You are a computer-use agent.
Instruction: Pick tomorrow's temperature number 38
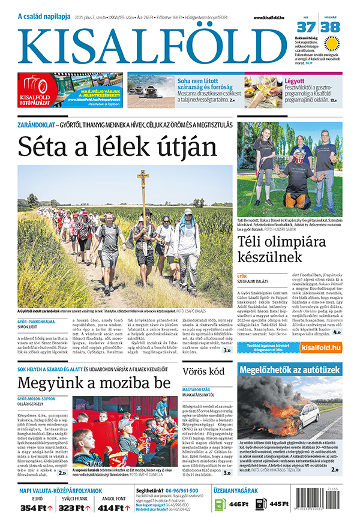(331, 27)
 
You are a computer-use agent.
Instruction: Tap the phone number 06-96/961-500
(179, 490)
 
